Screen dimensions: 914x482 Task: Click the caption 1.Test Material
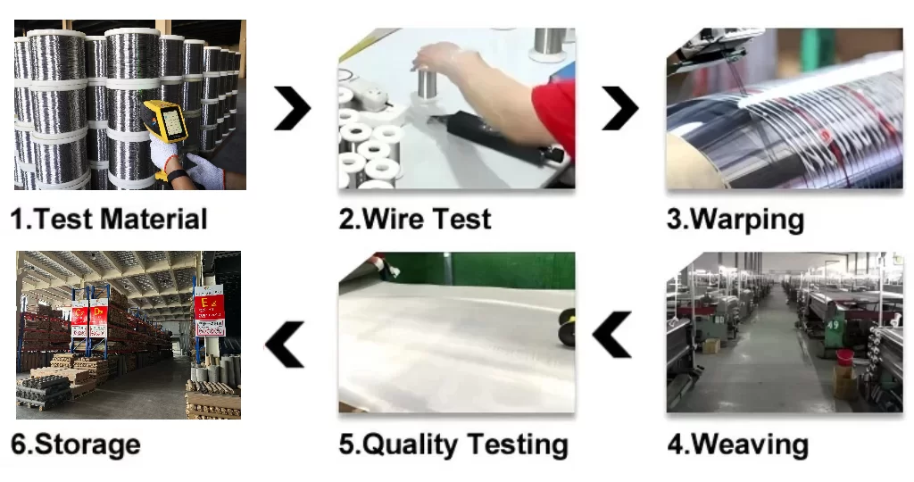pyautogui.click(x=109, y=220)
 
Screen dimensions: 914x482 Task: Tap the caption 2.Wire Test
pyautogui.click(x=415, y=220)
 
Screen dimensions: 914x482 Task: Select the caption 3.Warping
pyautogui.click(x=735, y=220)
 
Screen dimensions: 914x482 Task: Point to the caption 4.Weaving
pyautogui.click(x=738, y=445)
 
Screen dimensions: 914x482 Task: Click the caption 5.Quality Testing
pyautogui.click(x=453, y=445)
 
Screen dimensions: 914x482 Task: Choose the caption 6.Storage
pyautogui.click(x=76, y=445)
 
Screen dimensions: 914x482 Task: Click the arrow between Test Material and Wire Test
pyautogui.click(x=293, y=108)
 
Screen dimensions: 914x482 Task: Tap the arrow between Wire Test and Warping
pyautogui.click(x=620, y=108)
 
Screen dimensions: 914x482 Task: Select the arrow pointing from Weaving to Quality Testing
pyautogui.click(x=612, y=334)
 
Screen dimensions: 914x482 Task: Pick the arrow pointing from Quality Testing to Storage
pyautogui.click(x=285, y=345)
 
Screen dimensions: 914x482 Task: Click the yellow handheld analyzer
pyautogui.click(x=165, y=121)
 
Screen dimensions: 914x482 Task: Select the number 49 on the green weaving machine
pyautogui.click(x=832, y=325)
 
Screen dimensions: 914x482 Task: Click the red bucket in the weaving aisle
pyautogui.click(x=844, y=356)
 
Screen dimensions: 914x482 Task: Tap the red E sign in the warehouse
pyautogui.click(x=209, y=306)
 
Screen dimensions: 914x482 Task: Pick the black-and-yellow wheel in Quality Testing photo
pyautogui.click(x=567, y=328)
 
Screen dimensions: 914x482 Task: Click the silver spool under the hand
pyautogui.click(x=428, y=85)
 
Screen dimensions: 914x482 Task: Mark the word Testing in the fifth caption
pyautogui.click(x=518, y=445)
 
